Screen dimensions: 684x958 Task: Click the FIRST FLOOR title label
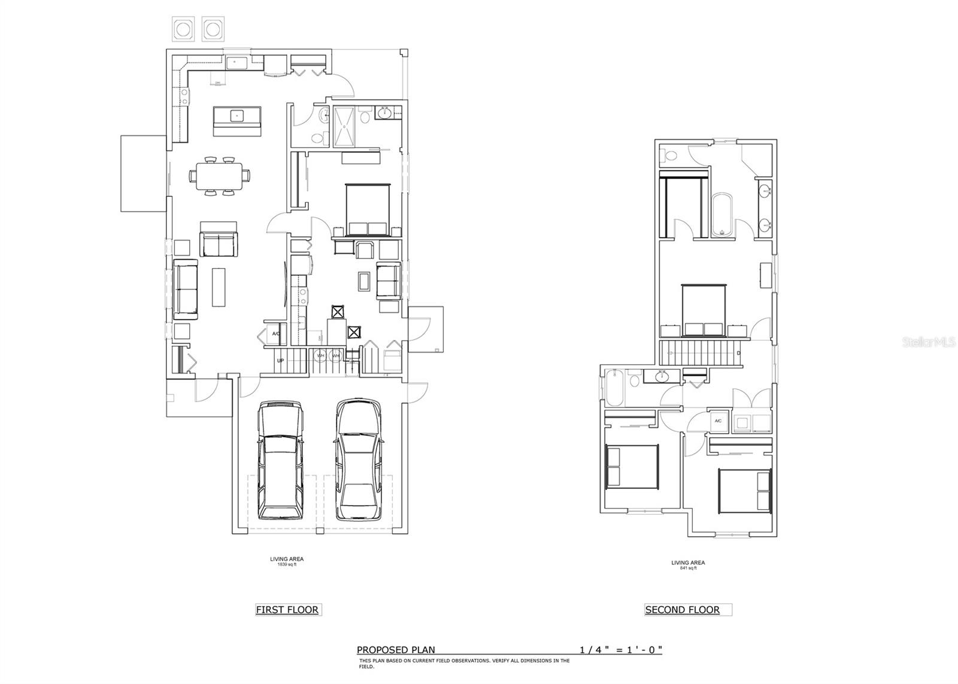pos(287,610)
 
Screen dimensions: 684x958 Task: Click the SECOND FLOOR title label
pos(682,610)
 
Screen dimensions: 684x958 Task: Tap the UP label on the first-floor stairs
pos(280,361)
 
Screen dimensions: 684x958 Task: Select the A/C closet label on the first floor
pos(276,333)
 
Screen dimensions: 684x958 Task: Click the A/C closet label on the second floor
pos(718,421)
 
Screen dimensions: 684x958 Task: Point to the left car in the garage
pos(280,461)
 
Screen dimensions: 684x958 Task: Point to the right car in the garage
pos(358,461)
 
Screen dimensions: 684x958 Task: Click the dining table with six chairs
pos(219,176)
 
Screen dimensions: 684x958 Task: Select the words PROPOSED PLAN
pos(396,650)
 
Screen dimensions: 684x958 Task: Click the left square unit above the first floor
pos(183,29)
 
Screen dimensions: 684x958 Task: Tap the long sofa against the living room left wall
pos(186,290)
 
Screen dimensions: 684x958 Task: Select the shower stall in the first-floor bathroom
pos(344,126)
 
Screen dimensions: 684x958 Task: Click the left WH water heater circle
pos(320,355)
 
